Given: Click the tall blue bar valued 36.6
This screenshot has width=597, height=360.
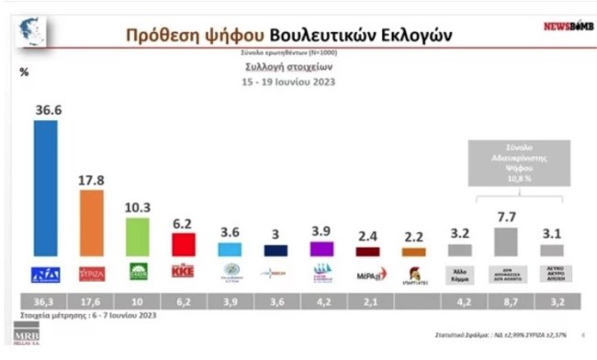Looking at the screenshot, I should click(45, 188).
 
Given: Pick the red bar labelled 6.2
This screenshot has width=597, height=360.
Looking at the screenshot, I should click(184, 244).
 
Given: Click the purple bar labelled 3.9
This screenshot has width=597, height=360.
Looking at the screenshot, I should click(321, 248).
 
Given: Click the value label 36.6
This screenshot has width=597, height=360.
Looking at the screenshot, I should click(48, 110).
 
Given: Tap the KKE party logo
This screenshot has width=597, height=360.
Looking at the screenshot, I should click(184, 273).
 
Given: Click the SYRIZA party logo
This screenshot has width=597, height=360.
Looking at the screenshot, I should click(92, 273).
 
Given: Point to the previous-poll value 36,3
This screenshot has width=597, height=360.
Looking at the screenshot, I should click(45, 301).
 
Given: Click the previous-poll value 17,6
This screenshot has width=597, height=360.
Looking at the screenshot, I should click(92, 301).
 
